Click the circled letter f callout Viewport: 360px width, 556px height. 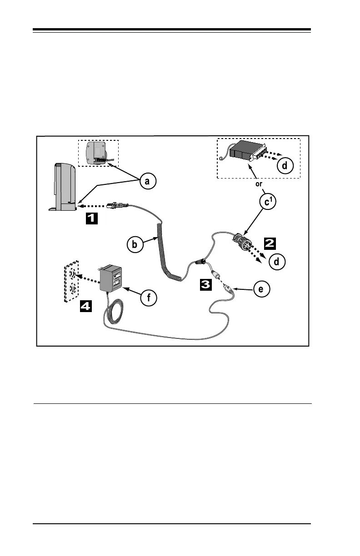point(148,298)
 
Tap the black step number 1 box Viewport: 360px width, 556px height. point(91,218)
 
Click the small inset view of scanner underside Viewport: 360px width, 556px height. point(98,153)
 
